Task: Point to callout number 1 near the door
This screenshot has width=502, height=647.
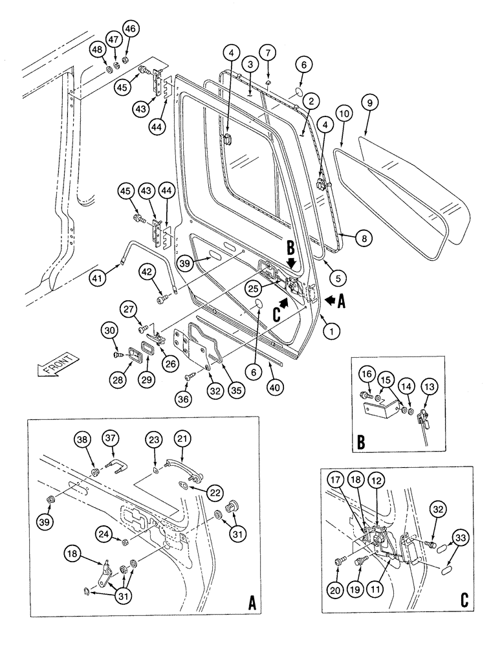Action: [331, 332]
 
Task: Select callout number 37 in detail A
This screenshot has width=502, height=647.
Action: [111, 439]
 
